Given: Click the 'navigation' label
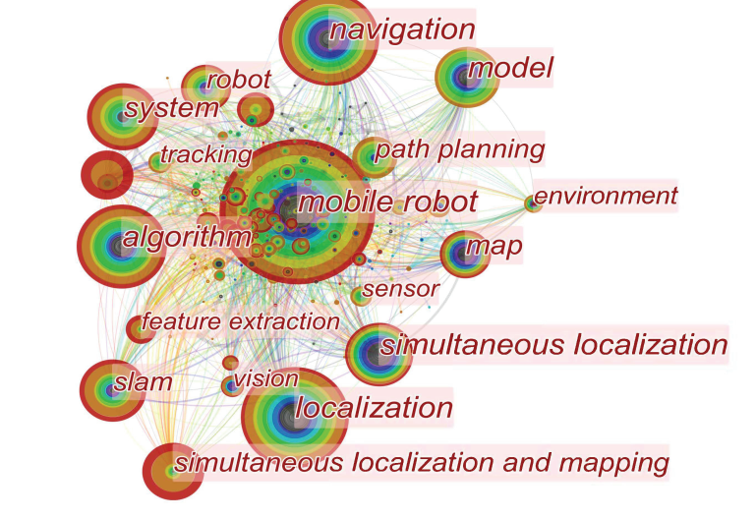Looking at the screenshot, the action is (x=402, y=30).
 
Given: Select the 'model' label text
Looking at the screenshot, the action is (x=510, y=69).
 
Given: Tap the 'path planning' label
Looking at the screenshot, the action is (x=460, y=149).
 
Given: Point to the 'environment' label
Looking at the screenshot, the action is (x=606, y=196).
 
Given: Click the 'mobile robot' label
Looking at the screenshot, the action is (x=387, y=203).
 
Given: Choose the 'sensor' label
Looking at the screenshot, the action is (x=400, y=289).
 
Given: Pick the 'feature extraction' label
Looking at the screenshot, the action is (x=240, y=321).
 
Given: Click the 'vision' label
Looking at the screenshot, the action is (x=265, y=378).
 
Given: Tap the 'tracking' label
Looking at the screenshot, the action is (x=205, y=154).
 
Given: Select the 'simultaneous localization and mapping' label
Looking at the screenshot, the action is (x=421, y=461).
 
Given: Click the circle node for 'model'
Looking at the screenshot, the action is (x=463, y=76).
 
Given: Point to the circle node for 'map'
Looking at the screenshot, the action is (x=463, y=254).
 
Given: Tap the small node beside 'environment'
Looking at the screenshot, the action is (x=533, y=203).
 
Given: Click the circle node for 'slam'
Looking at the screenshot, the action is (x=111, y=389).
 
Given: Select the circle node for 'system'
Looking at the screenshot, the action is (x=123, y=116).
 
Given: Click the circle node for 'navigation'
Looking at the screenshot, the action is (x=327, y=39).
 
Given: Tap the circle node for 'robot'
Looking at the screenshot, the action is (x=204, y=86).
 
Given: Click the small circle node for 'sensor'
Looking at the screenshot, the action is (x=360, y=295).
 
